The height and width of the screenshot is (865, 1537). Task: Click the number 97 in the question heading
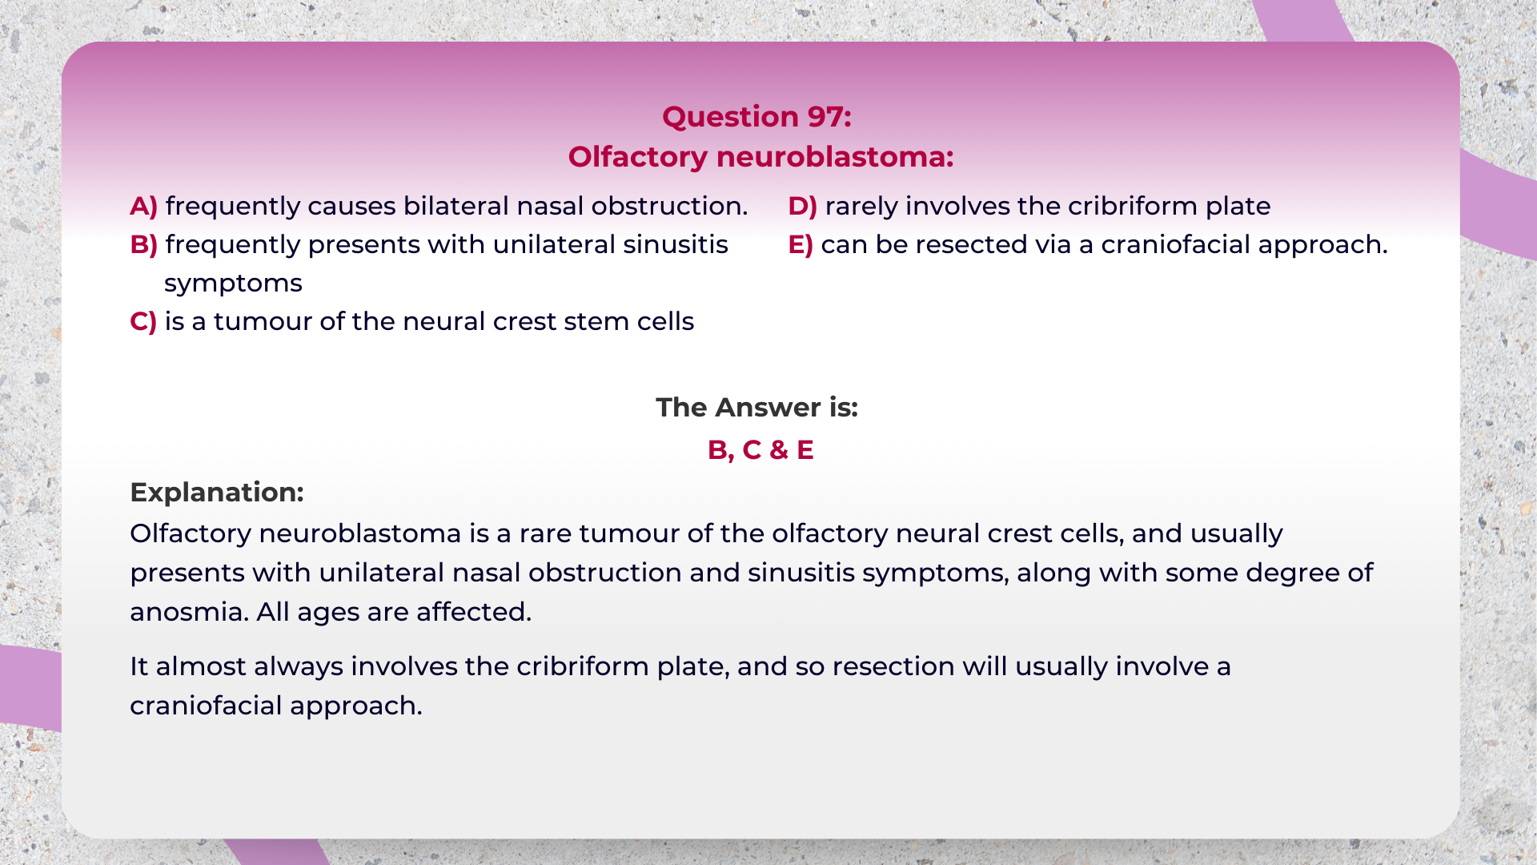coord(825,117)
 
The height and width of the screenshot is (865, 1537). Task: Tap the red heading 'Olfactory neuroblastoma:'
coord(760,157)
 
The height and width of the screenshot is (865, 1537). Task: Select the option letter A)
coord(144,207)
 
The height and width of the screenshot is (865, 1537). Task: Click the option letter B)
coord(144,245)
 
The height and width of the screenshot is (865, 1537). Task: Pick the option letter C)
coord(143,322)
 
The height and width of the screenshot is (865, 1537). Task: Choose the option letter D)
coord(803,207)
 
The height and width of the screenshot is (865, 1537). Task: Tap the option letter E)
coord(801,245)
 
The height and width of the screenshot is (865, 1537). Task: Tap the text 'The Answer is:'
coord(757,408)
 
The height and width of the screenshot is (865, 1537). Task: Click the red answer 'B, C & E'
coord(760,450)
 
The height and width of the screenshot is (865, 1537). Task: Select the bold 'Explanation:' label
coord(217,493)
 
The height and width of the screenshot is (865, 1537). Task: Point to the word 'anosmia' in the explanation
coord(189,613)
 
